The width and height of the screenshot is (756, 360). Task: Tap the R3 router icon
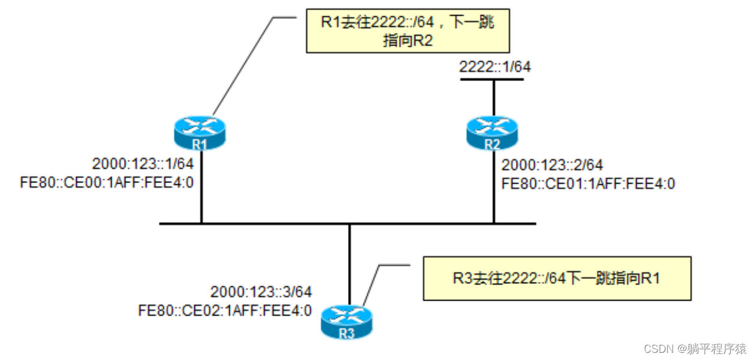click(347, 322)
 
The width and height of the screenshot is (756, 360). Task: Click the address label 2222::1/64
click(495, 67)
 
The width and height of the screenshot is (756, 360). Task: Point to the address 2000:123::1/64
click(142, 164)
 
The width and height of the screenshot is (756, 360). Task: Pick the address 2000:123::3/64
click(261, 292)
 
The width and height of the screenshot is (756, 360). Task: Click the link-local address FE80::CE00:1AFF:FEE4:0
click(106, 182)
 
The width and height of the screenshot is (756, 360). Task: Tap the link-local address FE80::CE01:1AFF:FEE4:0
click(589, 183)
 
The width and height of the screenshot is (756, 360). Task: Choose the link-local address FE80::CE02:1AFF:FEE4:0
click(225, 310)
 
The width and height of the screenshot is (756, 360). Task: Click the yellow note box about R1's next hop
click(407, 31)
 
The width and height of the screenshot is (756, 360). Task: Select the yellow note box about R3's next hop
click(556, 278)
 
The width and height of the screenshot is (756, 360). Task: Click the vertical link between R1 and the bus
click(201, 186)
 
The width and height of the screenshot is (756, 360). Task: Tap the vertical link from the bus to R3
click(349, 264)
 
